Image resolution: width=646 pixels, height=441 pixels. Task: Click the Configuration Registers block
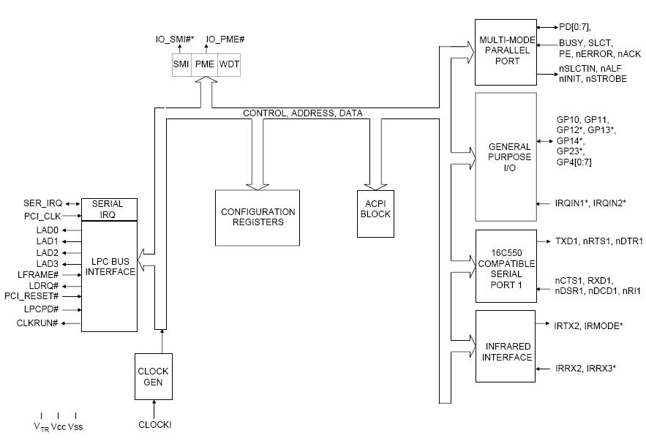click(x=258, y=217)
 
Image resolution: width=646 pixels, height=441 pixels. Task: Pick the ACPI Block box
click(x=375, y=209)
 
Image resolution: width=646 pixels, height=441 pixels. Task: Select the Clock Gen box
click(x=153, y=376)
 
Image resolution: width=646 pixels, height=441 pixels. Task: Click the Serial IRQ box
click(x=108, y=209)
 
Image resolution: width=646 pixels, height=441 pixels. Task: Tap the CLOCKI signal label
click(x=154, y=424)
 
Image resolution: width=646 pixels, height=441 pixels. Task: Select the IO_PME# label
click(x=225, y=39)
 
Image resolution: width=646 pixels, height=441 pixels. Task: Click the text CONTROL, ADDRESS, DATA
click(x=302, y=113)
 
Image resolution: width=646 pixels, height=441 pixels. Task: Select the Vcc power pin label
click(x=59, y=427)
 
